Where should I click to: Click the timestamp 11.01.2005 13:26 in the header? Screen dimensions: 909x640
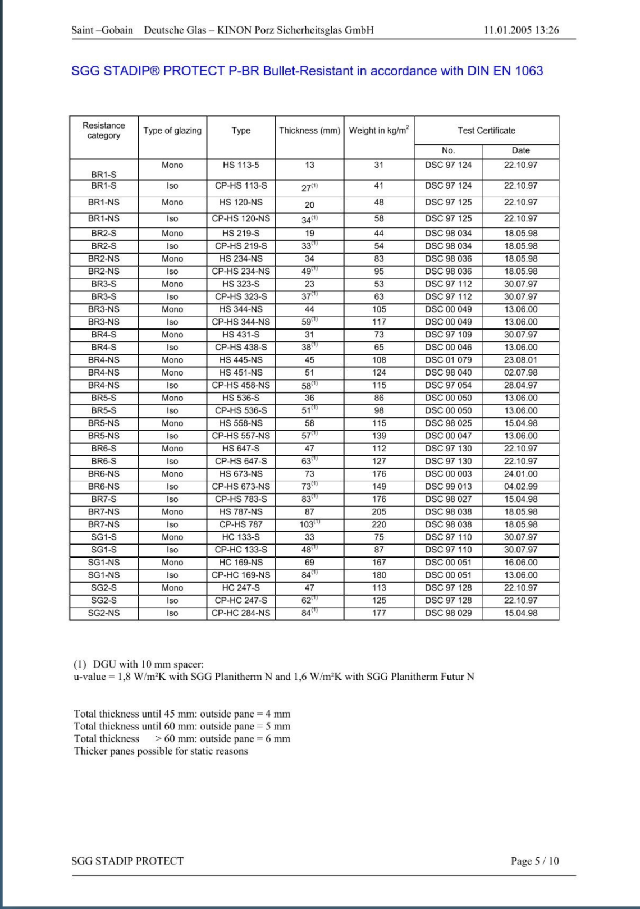click(521, 30)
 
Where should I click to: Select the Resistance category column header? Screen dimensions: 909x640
click(104, 130)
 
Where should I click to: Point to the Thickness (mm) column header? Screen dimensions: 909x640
click(309, 130)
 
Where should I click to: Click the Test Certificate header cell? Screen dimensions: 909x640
click(486, 130)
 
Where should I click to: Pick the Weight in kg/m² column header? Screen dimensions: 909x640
click(379, 130)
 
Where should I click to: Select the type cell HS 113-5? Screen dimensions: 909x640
click(241, 165)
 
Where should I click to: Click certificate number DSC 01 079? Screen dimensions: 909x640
click(448, 360)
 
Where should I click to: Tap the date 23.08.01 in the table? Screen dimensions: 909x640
click(520, 360)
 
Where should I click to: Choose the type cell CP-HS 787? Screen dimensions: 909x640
click(241, 524)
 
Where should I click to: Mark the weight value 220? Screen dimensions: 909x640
click(379, 524)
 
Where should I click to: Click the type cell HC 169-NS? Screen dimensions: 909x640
click(241, 563)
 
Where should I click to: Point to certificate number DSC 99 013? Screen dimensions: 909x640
click(448, 487)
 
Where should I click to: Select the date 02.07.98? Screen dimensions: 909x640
click(520, 373)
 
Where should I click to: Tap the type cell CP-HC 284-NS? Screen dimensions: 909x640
click(241, 613)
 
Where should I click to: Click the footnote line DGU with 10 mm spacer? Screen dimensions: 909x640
click(139, 664)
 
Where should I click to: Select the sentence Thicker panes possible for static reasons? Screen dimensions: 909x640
click(161, 751)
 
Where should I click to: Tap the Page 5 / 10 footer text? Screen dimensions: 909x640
click(534, 861)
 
